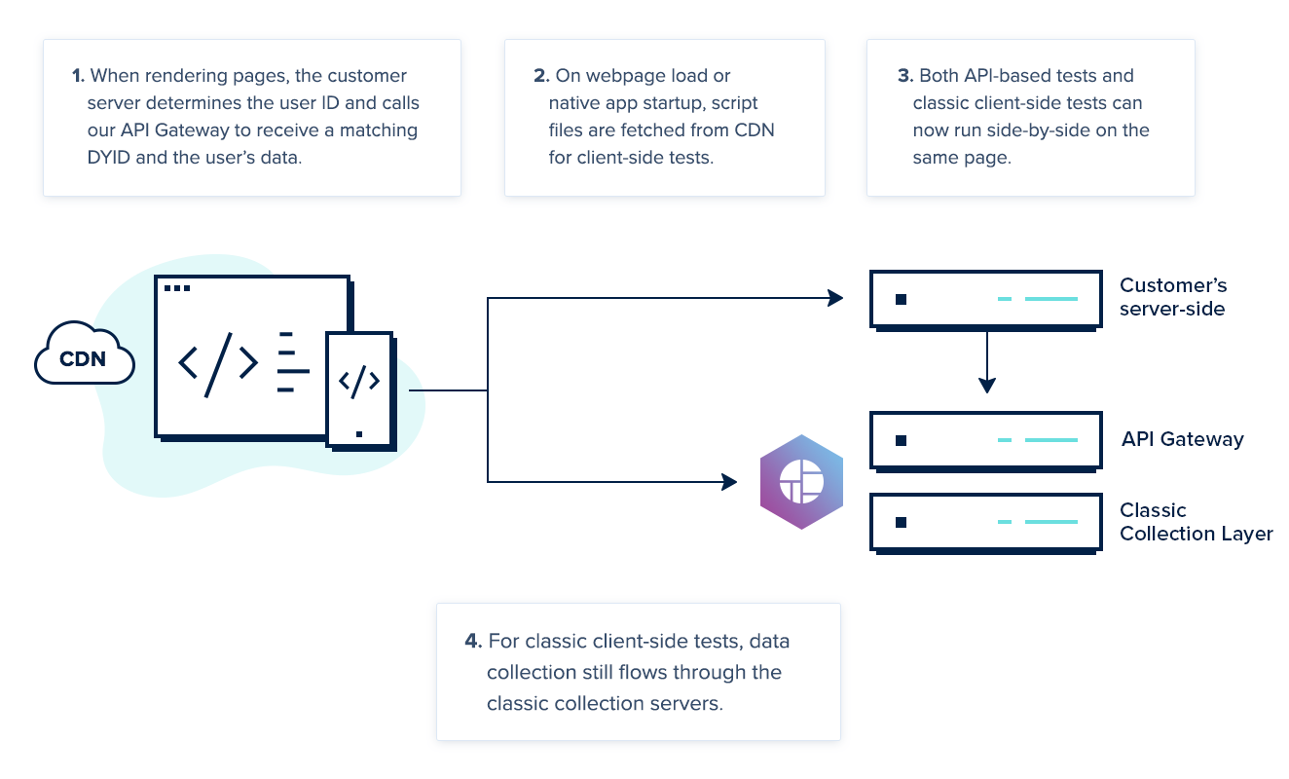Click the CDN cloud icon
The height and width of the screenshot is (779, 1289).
85,357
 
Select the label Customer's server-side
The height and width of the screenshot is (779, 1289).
1173,297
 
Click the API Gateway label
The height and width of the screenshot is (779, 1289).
1182,439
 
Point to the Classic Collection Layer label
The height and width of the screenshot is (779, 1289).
1196,522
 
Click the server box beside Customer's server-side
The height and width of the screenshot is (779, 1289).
986,299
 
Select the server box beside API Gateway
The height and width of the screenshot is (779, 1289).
986,440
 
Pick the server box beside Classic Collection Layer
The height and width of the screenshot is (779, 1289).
986,523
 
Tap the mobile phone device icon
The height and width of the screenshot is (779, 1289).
359,389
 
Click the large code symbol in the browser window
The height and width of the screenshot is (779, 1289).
218,363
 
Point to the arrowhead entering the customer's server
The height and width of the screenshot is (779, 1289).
835,298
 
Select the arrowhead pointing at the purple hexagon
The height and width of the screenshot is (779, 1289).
728,481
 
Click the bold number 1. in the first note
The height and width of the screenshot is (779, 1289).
78,76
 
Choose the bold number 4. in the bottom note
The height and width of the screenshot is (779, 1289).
473,642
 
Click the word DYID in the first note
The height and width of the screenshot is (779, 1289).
93,157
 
